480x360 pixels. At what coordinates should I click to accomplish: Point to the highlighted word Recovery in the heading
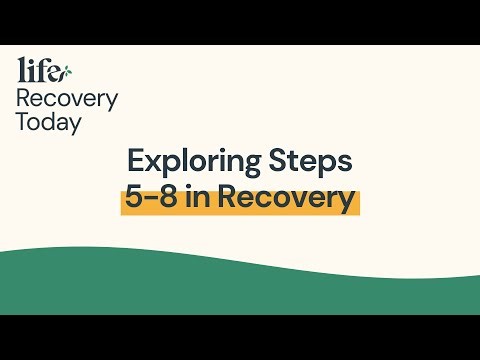pos(287,197)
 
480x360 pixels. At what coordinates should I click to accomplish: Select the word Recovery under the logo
pos(66,99)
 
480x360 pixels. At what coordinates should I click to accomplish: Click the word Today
pos(49,123)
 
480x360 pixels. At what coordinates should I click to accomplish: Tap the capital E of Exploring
pos(135,162)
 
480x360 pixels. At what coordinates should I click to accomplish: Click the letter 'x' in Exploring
pos(153,164)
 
